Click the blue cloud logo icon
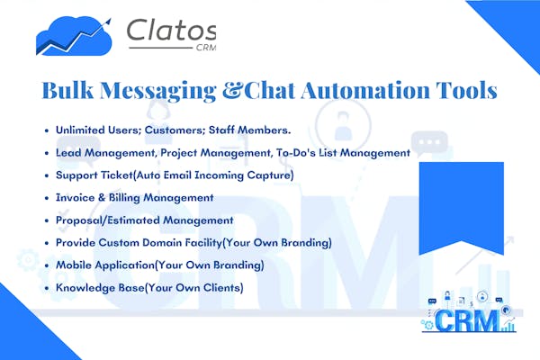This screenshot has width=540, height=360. click(74, 36)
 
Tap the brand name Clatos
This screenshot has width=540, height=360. click(171, 30)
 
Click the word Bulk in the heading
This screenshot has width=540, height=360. click(67, 90)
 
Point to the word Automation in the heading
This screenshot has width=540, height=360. click(365, 90)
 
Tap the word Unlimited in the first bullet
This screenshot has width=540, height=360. click(80, 130)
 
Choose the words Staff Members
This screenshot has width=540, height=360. click(249, 130)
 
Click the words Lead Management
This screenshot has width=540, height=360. click(106, 153)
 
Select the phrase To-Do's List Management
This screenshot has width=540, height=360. click(344, 153)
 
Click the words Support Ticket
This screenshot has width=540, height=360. click(94, 175)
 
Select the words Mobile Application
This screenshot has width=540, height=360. click(105, 265)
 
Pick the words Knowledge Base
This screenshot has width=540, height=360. click(100, 288)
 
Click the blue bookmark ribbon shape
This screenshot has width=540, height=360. click(462, 207)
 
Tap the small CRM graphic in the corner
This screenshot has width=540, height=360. click(469, 312)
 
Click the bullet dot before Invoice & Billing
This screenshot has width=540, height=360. click(47, 198)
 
